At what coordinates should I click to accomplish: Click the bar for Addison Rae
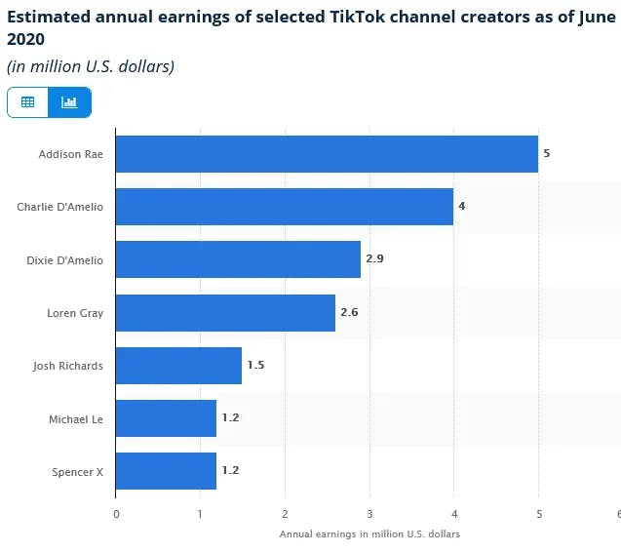tap(327, 154)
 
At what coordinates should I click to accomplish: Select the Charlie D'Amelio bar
tap(285, 207)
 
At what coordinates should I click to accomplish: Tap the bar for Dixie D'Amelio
tap(238, 259)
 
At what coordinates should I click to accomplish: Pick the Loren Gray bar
tap(225, 313)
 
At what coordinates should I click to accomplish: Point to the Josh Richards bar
tap(178, 366)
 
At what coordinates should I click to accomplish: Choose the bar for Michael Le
tap(166, 418)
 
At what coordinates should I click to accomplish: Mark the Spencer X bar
tap(166, 471)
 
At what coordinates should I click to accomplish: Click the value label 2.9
tap(374, 259)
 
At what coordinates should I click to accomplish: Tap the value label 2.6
tap(349, 313)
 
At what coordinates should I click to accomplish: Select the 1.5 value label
tap(255, 366)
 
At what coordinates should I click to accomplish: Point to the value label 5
tap(547, 154)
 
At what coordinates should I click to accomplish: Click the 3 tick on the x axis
tap(369, 514)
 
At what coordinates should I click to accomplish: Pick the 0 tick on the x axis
tap(116, 514)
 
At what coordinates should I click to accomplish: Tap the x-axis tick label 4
tap(453, 514)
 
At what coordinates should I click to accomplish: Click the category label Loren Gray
tap(75, 313)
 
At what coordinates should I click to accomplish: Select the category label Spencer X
tap(78, 472)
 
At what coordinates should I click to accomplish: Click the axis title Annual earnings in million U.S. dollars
tap(369, 534)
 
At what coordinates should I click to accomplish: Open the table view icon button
tap(28, 101)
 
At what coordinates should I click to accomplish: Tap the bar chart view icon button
tap(69, 101)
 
